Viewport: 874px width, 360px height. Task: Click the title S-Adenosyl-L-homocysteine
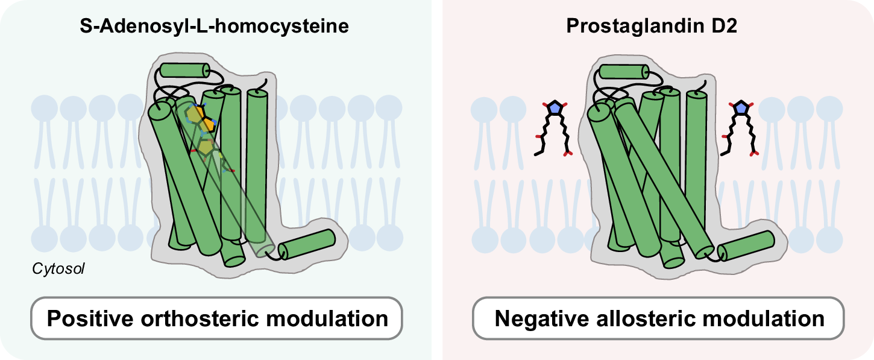(215, 27)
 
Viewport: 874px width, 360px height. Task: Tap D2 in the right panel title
(734, 27)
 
